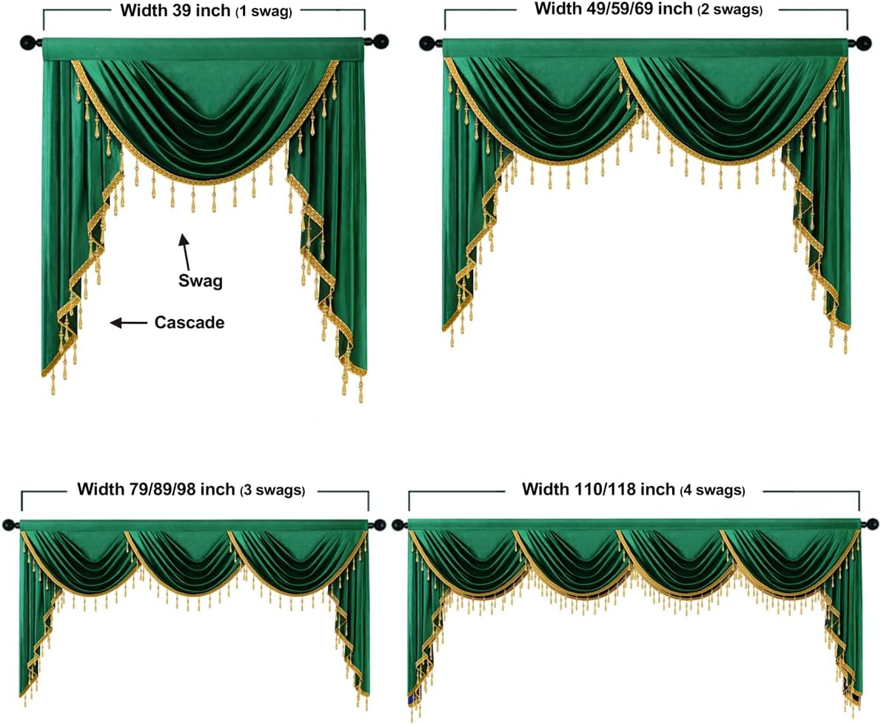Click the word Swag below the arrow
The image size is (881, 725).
[201, 281]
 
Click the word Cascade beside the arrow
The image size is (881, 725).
[189, 323]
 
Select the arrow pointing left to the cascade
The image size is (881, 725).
[128, 323]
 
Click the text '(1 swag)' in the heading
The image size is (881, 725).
[264, 12]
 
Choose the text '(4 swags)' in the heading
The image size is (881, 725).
[712, 490]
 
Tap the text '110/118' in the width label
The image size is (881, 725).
[605, 490]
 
